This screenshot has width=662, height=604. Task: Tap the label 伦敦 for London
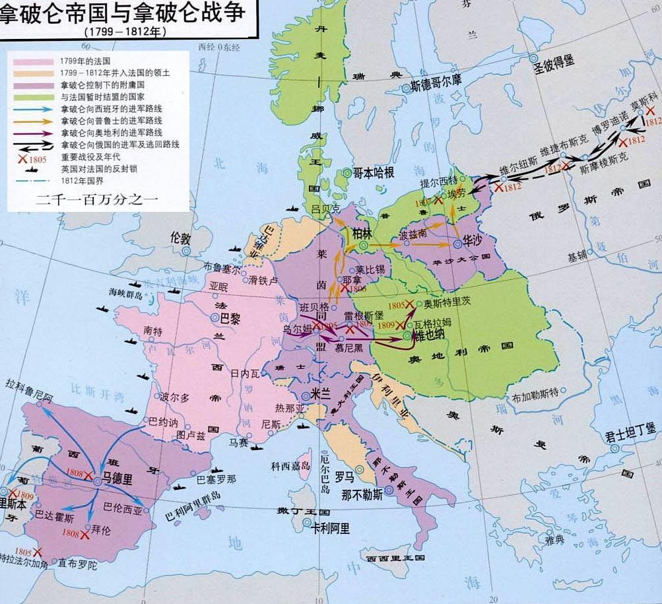pos(180,237)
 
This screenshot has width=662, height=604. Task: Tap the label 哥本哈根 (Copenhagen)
pos(373,173)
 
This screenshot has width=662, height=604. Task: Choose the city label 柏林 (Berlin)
pos(362,234)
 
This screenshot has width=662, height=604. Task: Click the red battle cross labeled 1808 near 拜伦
pos(84,535)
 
